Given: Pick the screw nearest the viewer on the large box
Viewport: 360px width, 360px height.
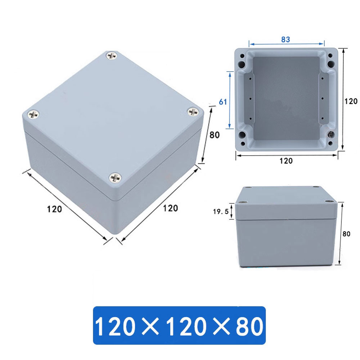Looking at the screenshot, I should [116, 177].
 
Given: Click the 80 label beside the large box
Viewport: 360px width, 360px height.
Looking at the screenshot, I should [214, 135].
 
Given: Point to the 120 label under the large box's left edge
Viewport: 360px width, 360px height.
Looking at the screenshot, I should [54, 209].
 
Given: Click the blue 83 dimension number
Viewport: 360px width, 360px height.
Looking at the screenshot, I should [285, 40].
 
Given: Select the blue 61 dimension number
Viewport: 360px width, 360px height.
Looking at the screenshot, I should [223, 102].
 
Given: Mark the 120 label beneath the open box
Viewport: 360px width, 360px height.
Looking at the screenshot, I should [286, 161].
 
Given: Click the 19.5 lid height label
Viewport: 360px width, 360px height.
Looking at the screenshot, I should [221, 212].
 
